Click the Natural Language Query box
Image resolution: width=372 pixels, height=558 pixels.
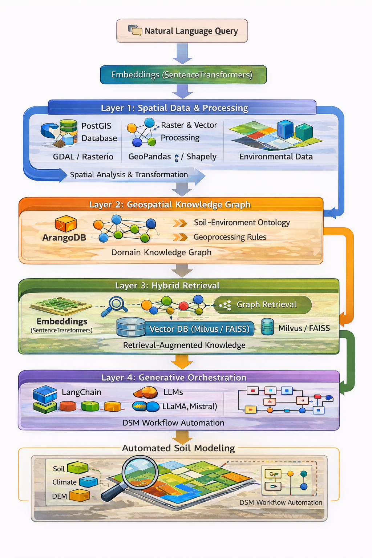coord(182,31)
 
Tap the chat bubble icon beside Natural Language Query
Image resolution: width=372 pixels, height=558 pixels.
coord(135,30)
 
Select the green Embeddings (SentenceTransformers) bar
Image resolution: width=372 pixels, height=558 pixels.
coord(183,75)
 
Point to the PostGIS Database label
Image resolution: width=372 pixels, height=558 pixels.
coord(99,132)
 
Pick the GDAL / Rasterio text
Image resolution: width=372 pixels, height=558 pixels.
coord(83,157)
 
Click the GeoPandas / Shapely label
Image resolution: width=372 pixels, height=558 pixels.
coord(172,157)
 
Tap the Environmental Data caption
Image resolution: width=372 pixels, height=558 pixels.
coord(276,157)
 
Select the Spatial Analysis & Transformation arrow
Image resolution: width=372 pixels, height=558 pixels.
coord(129,175)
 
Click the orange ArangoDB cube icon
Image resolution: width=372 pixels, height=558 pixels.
coord(66,224)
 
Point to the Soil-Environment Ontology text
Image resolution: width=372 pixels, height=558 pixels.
coord(242,222)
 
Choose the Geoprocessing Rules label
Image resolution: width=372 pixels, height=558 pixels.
coord(230,237)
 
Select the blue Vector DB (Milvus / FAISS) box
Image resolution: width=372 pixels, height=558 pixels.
coord(199,329)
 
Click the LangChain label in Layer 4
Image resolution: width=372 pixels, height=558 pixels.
coord(81,392)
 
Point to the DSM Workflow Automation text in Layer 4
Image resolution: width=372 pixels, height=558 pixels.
coord(173,423)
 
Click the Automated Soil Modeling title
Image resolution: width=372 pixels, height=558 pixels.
coord(178,448)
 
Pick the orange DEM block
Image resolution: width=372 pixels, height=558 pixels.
coord(79,496)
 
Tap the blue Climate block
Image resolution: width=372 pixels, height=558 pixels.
coord(88,482)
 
